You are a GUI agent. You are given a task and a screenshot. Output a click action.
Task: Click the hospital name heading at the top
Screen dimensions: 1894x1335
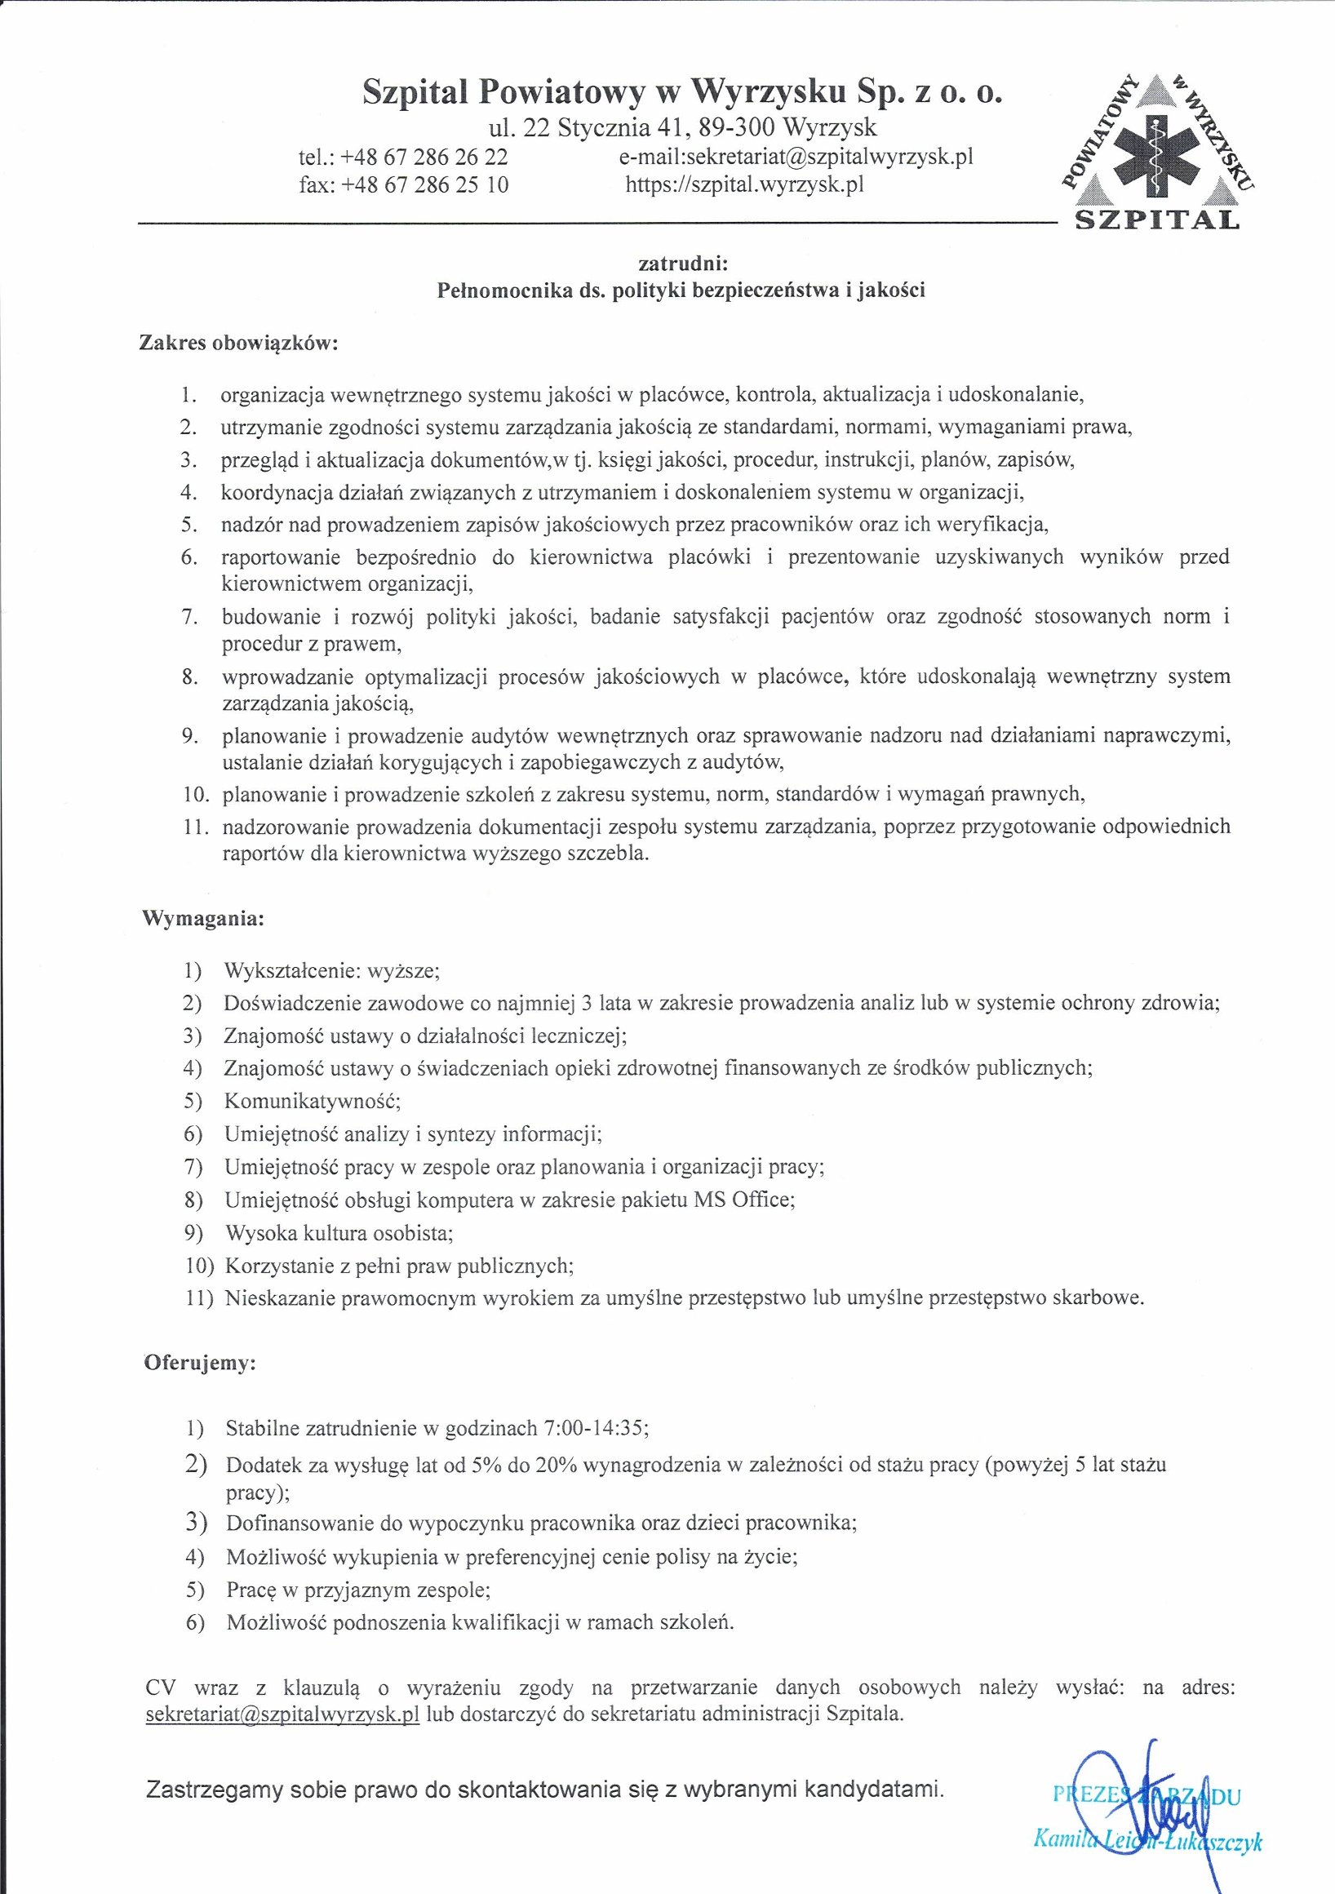pyautogui.click(x=681, y=94)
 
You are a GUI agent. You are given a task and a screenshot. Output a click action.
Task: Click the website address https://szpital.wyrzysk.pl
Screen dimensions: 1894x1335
pyautogui.click(x=745, y=184)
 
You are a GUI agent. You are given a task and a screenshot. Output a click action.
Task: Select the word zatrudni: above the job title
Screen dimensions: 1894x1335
pyautogui.click(x=681, y=264)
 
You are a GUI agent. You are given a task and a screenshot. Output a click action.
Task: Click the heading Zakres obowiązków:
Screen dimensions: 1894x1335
pyautogui.click(x=238, y=343)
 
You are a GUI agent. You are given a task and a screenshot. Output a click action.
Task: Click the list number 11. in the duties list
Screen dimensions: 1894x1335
pyautogui.click(x=198, y=827)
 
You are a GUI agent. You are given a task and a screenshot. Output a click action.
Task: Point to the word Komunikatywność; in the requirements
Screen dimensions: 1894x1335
pyautogui.click(x=312, y=1102)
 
